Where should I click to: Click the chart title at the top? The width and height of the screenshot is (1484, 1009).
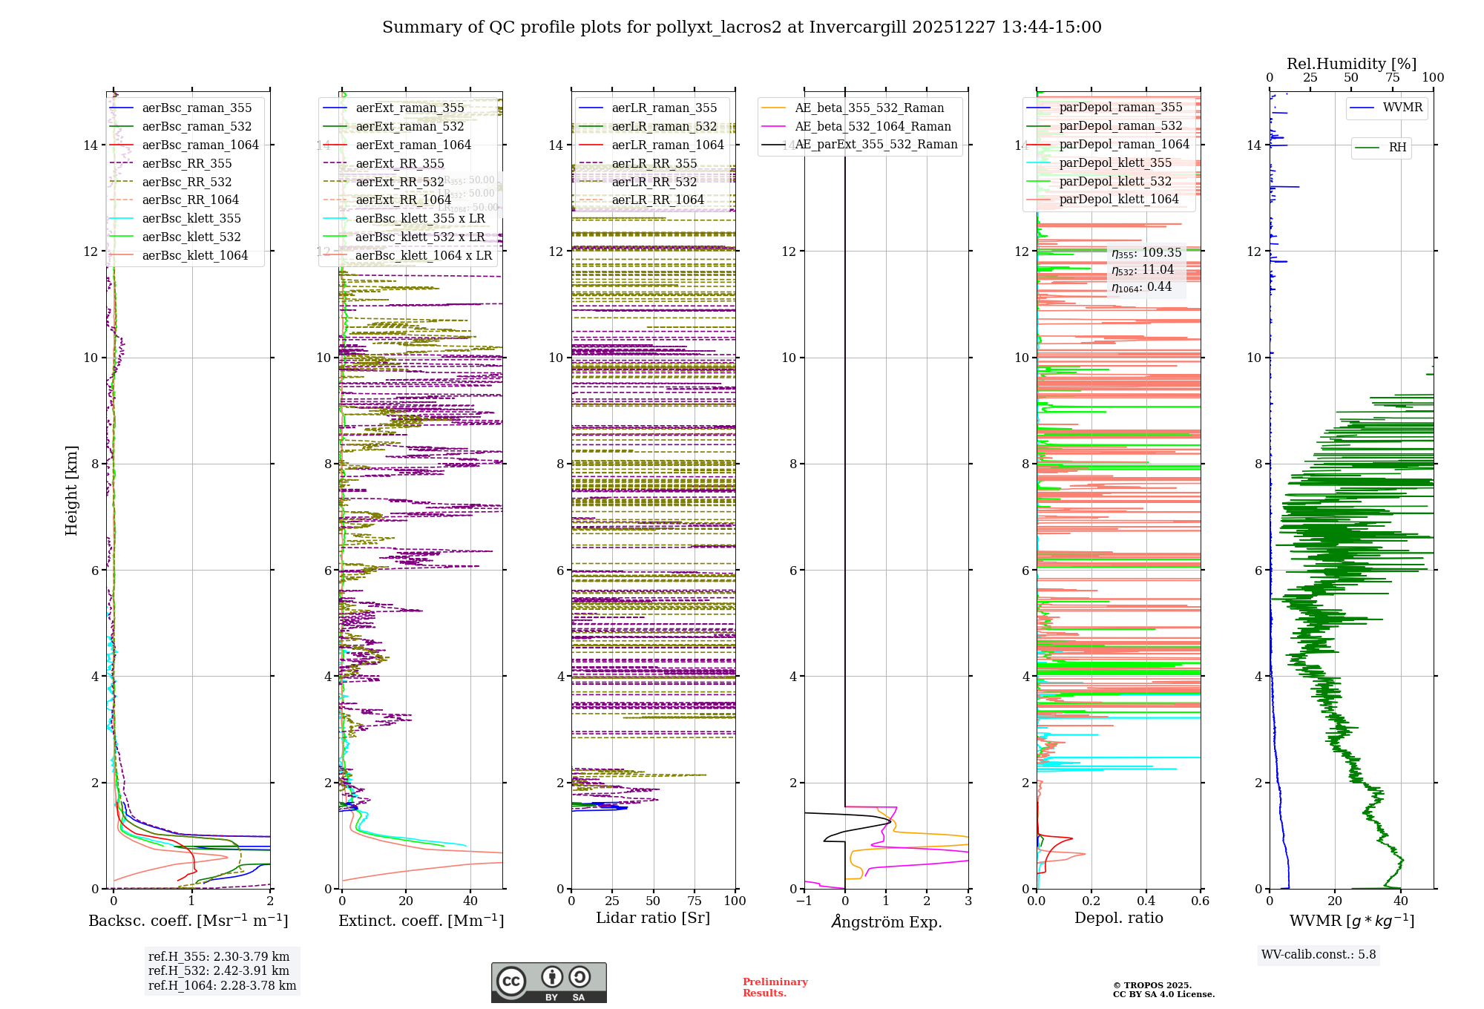point(741,27)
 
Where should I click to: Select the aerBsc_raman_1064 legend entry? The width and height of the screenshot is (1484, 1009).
point(200,145)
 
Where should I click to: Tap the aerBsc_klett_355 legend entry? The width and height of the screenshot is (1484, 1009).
point(191,219)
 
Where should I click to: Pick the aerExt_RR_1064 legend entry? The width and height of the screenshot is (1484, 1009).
point(403,200)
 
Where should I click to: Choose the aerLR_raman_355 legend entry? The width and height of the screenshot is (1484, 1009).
point(664,108)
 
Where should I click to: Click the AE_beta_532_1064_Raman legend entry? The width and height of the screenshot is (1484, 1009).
point(873,127)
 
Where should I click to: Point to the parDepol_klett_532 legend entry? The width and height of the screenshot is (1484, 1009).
point(1115,182)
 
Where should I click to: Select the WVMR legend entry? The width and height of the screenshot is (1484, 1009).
point(1402,108)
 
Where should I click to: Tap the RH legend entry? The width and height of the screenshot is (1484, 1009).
point(1397,148)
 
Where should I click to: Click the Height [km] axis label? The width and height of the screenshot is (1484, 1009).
point(71,490)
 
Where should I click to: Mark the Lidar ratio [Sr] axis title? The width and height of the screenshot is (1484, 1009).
point(653,918)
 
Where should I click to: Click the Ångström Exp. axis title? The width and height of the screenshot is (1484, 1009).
point(887,922)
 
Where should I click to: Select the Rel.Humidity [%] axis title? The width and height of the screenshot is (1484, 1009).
point(1351,64)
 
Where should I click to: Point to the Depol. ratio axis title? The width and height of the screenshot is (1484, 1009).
point(1119,918)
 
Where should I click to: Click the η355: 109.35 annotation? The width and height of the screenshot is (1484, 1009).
point(1146,254)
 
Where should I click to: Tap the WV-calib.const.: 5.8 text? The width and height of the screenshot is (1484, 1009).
point(1319,955)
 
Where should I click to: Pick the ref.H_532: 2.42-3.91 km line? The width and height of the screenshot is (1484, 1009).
point(219,971)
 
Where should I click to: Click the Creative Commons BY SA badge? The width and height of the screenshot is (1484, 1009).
point(548,983)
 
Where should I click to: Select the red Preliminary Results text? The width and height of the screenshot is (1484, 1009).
point(775,987)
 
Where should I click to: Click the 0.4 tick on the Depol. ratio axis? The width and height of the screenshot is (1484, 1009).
point(1146,901)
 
